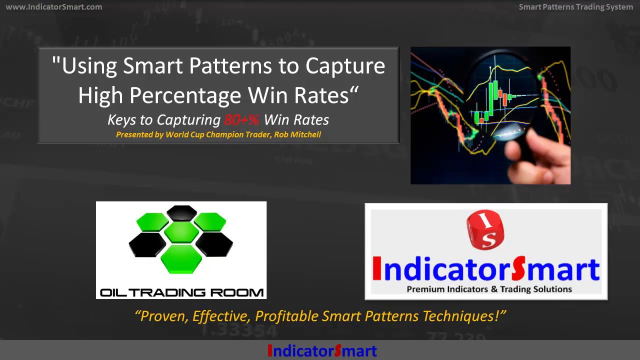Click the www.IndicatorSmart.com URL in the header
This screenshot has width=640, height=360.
tap(53, 7)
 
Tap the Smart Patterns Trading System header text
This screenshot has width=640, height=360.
tap(575, 7)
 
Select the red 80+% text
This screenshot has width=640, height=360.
tap(241, 120)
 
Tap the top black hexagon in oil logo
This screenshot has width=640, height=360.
tap(181, 212)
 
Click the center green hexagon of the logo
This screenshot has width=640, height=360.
tap(181, 232)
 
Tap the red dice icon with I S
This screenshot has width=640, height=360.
tap(485, 229)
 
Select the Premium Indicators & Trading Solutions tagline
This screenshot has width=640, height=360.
tap(489, 289)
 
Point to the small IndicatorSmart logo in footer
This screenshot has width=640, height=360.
tap(322, 351)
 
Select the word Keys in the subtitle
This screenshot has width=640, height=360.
tap(122, 120)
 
